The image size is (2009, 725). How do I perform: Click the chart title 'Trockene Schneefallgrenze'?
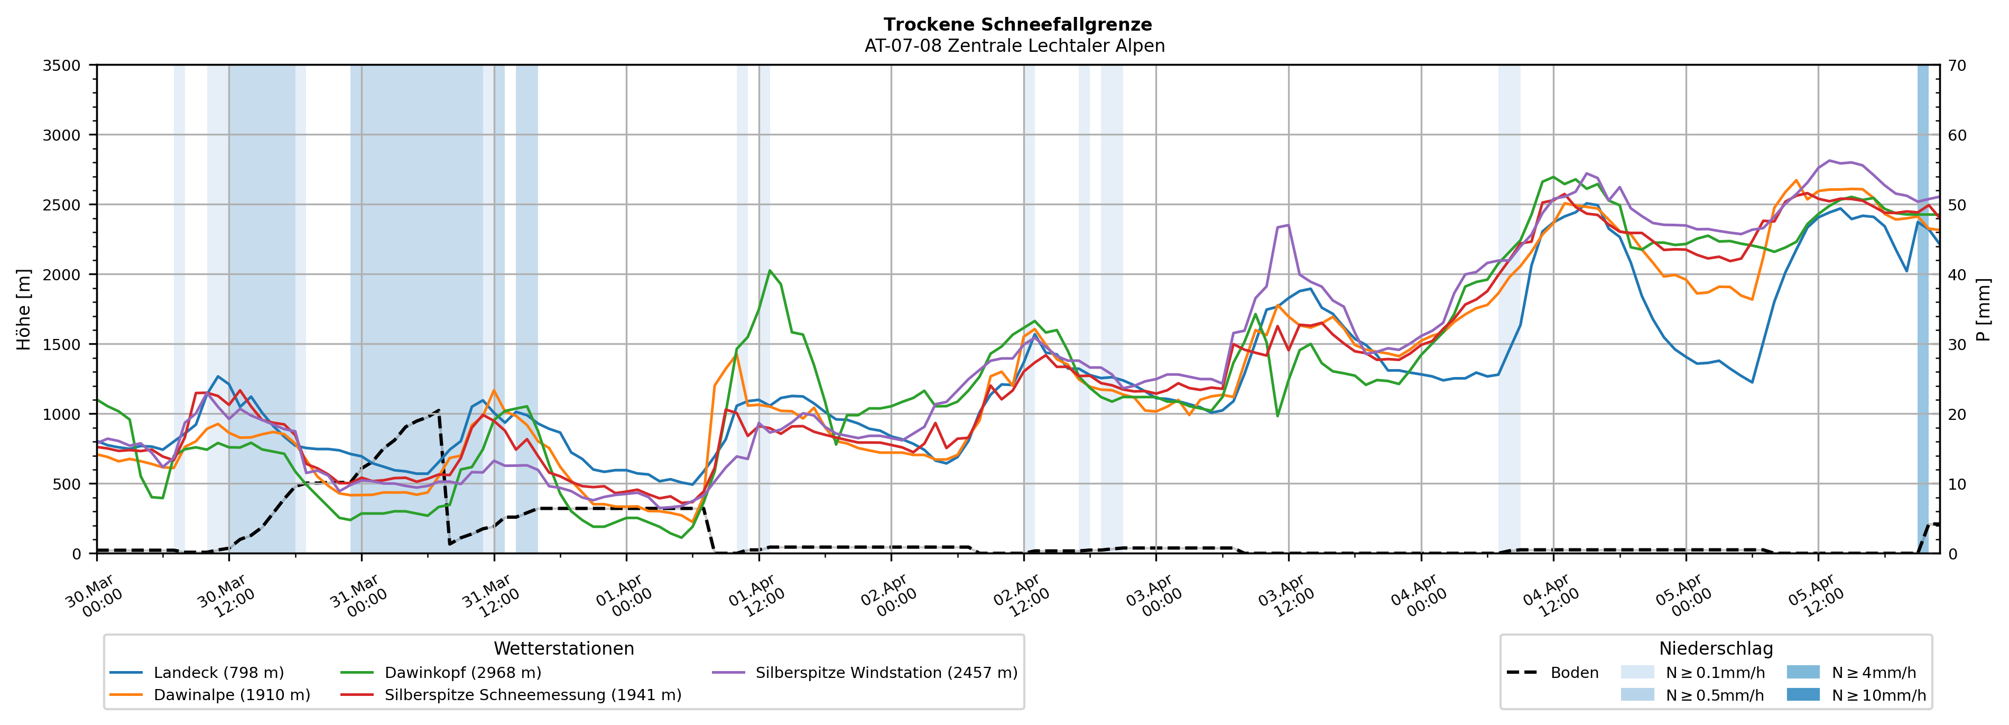click(1017, 25)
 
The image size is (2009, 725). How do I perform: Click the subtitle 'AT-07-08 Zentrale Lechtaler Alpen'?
click(1014, 46)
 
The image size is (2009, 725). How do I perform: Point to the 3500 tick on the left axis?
click(62, 66)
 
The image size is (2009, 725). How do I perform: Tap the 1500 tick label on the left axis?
click(62, 345)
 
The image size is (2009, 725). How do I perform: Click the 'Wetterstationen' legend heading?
click(564, 648)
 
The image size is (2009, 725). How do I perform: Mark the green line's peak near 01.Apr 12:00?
click(770, 271)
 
